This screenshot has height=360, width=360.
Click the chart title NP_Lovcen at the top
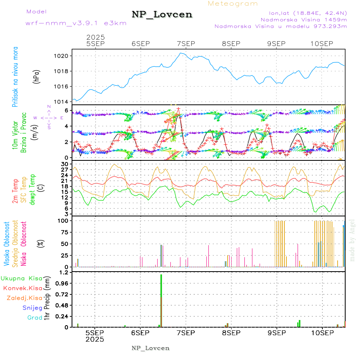click(162, 15)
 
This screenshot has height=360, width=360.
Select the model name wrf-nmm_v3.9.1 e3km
click(76, 23)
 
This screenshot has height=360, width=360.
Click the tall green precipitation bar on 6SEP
click(161, 300)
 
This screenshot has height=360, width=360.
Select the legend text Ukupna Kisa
click(22, 278)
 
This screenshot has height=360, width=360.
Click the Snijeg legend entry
click(32, 308)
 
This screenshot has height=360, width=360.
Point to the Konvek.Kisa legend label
click(22, 288)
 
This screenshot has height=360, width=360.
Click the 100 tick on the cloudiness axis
click(64, 221)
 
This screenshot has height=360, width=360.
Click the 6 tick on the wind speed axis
click(68, 111)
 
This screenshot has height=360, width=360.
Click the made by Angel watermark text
click(352, 240)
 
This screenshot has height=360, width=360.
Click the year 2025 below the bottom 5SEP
click(95, 339)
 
